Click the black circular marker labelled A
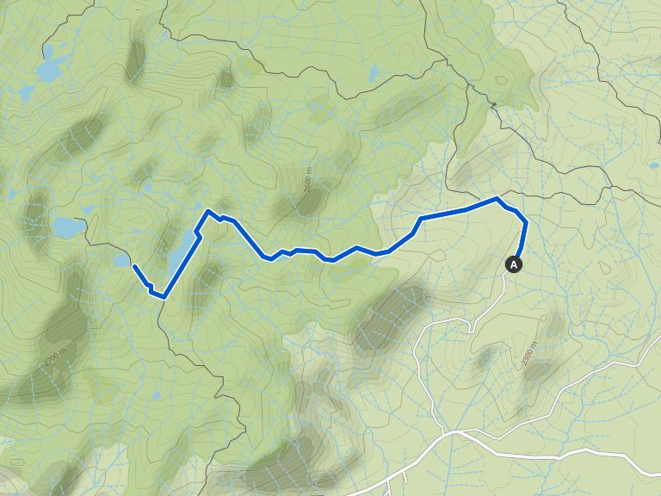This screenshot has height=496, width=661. click(515, 264)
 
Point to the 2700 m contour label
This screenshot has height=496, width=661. click(54, 355)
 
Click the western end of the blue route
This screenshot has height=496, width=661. click(134, 267)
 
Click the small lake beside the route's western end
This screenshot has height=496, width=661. click(121, 259)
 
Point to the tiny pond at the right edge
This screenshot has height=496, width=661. click(654, 164)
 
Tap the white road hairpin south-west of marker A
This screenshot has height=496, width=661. click(471, 328)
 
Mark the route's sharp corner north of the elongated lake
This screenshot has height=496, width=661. click(208, 211)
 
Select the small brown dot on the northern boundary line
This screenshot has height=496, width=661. click(494, 105)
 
